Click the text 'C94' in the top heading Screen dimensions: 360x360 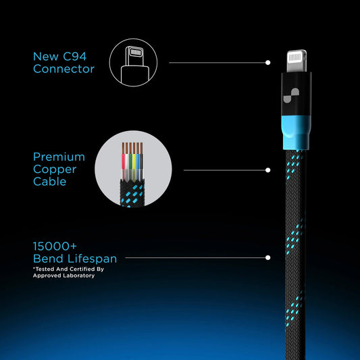click(x=74, y=57)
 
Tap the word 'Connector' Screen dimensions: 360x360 click(x=63, y=69)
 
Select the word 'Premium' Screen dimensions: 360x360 click(x=59, y=157)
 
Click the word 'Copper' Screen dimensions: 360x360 click(x=55, y=170)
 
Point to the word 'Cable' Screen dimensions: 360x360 click(x=49, y=182)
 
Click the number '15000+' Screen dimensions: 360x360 click(x=55, y=247)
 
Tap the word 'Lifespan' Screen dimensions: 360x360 click(x=92, y=259)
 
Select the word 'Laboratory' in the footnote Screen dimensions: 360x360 click(x=79, y=276)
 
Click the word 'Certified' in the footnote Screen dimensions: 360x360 click(x=79, y=269)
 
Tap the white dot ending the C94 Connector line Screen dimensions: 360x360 click(x=267, y=62)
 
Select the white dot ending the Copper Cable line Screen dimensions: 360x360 click(x=267, y=170)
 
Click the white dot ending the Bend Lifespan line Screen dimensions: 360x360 click(x=267, y=257)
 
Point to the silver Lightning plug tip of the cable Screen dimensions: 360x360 click(x=297, y=61)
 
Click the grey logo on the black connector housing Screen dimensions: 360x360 click(x=291, y=95)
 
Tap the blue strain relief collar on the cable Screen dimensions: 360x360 click(x=297, y=132)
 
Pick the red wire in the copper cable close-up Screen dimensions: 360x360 click(x=124, y=161)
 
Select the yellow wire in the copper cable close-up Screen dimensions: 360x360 click(x=134, y=161)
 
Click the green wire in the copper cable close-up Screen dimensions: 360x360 click(x=130, y=161)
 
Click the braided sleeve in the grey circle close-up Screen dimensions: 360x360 click(x=132, y=193)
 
